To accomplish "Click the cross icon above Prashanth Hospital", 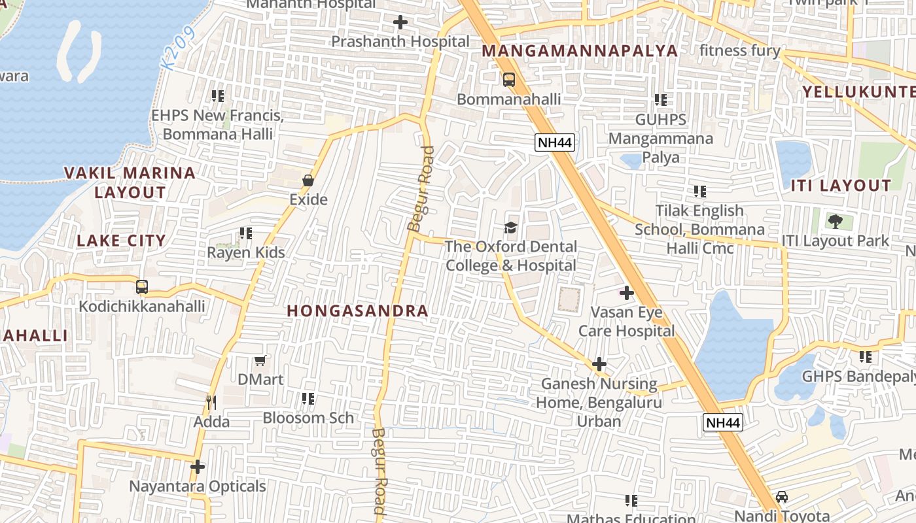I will (x=400, y=23).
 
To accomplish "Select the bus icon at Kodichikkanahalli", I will (x=141, y=287).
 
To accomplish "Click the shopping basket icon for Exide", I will (x=308, y=180).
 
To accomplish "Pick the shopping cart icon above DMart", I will (x=260, y=360).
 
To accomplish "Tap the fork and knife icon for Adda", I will (x=211, y=402).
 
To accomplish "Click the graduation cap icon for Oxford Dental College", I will (x=510, y=228).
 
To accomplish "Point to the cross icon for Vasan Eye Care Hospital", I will (x=626, y=293).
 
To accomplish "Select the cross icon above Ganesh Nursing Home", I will (x=599, y=364).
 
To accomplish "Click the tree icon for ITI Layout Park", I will (x=835, y=221).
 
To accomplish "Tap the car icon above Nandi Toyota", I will (x=781, y=496).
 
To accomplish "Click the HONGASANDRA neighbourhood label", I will (x=358, y=311).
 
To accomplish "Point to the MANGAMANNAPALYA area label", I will (x=580, y=51).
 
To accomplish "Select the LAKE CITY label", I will (x=121, y=241).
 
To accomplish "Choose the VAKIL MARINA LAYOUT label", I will (x=130, y=182).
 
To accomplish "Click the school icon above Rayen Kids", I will (x=245, y=233).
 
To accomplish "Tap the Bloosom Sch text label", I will (x=308, y=418).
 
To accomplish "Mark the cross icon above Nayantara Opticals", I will (x=197, y=467).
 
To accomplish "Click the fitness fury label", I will (x=739, y=51).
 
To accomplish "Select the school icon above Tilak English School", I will (x=700, y=192).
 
